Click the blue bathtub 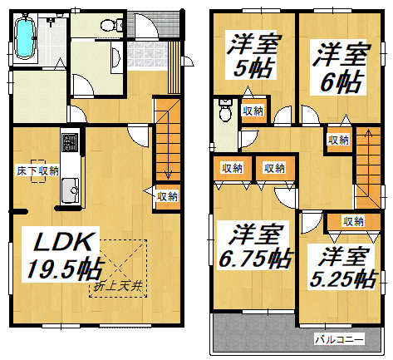point(25,37)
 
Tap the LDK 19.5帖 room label point(62,254)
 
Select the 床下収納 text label point(38,171)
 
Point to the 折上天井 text point(118,287)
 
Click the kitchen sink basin point(70,190)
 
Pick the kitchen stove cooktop point(70,142)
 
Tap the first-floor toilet point(111,25)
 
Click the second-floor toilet point(225,110)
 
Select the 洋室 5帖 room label point(252,56)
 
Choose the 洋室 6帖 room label point(340,67)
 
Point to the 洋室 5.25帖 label point(343,268)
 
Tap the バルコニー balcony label point(339,339)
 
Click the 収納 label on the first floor point(167,196)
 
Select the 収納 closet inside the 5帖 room point(253,111)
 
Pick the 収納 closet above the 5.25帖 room point(353,221)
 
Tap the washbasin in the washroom point(115,57)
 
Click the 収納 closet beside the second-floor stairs point(338,140)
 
